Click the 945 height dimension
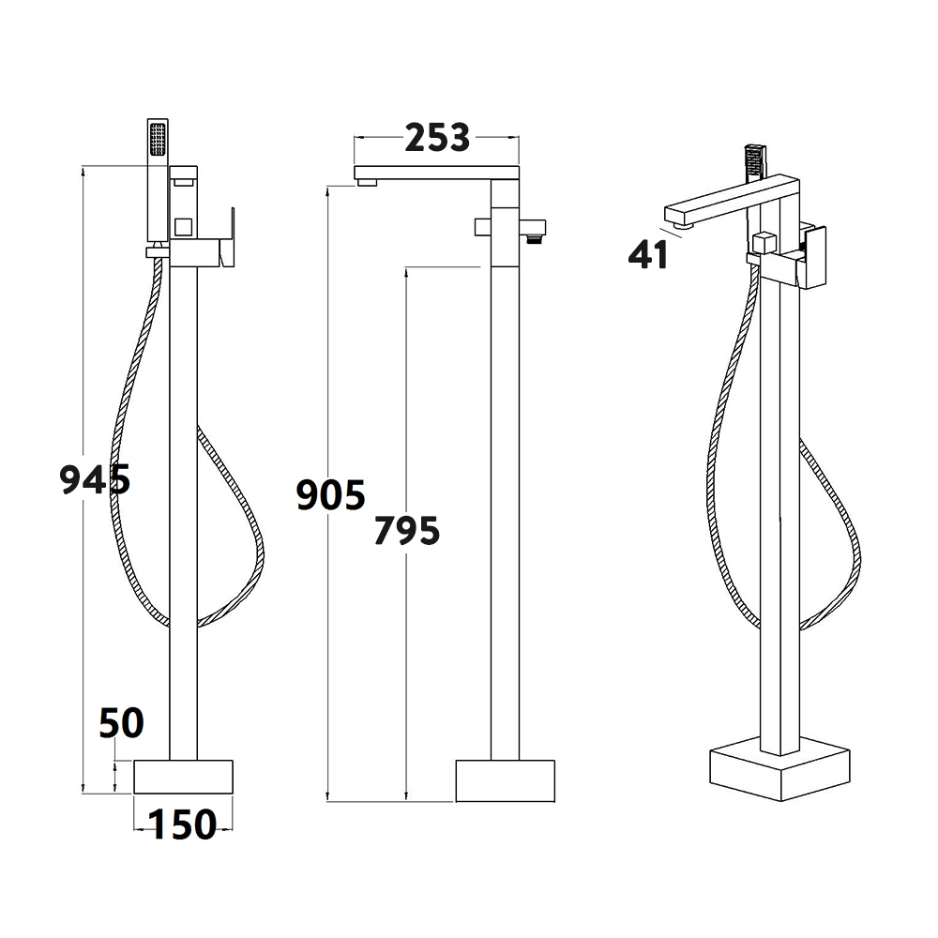coord(95,479)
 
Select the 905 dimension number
coord(330,493)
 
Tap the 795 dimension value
coord(406,531)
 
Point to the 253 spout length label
coord(436,139)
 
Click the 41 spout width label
coord(649,254)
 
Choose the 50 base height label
coord(122,723)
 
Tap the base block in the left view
coord(184,776)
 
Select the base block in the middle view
coord(505,780)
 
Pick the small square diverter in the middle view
coord(483,226)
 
